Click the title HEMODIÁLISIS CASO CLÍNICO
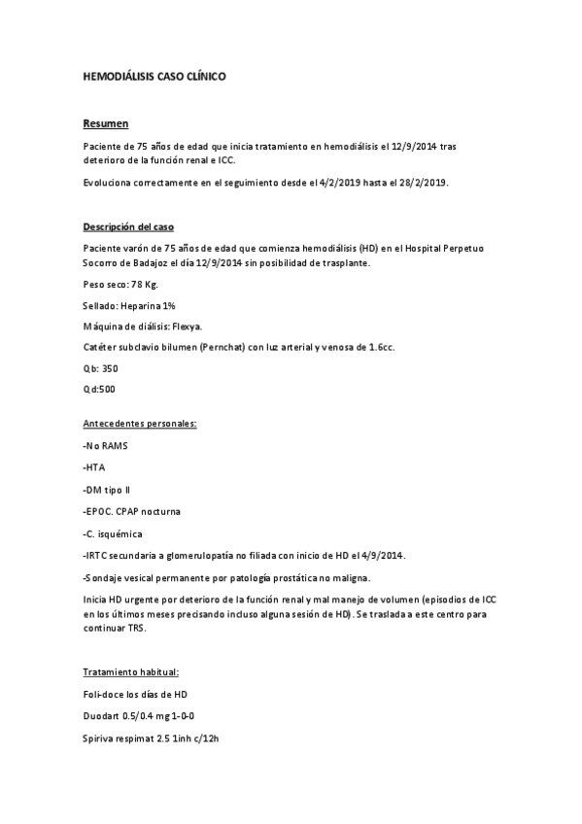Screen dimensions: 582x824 click(x=154, y=75)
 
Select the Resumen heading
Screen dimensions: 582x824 click(x=105, y=123)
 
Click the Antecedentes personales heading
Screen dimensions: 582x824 click(x=140, y=425)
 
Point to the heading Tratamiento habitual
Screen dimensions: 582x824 click(x=131, y=671)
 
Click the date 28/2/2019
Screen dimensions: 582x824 click(x=423, y=182)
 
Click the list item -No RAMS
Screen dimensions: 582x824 click(x=106, y=446)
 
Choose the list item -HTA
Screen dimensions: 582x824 click(x=95, y=467)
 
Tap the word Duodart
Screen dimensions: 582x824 click(x=102, y=716)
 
